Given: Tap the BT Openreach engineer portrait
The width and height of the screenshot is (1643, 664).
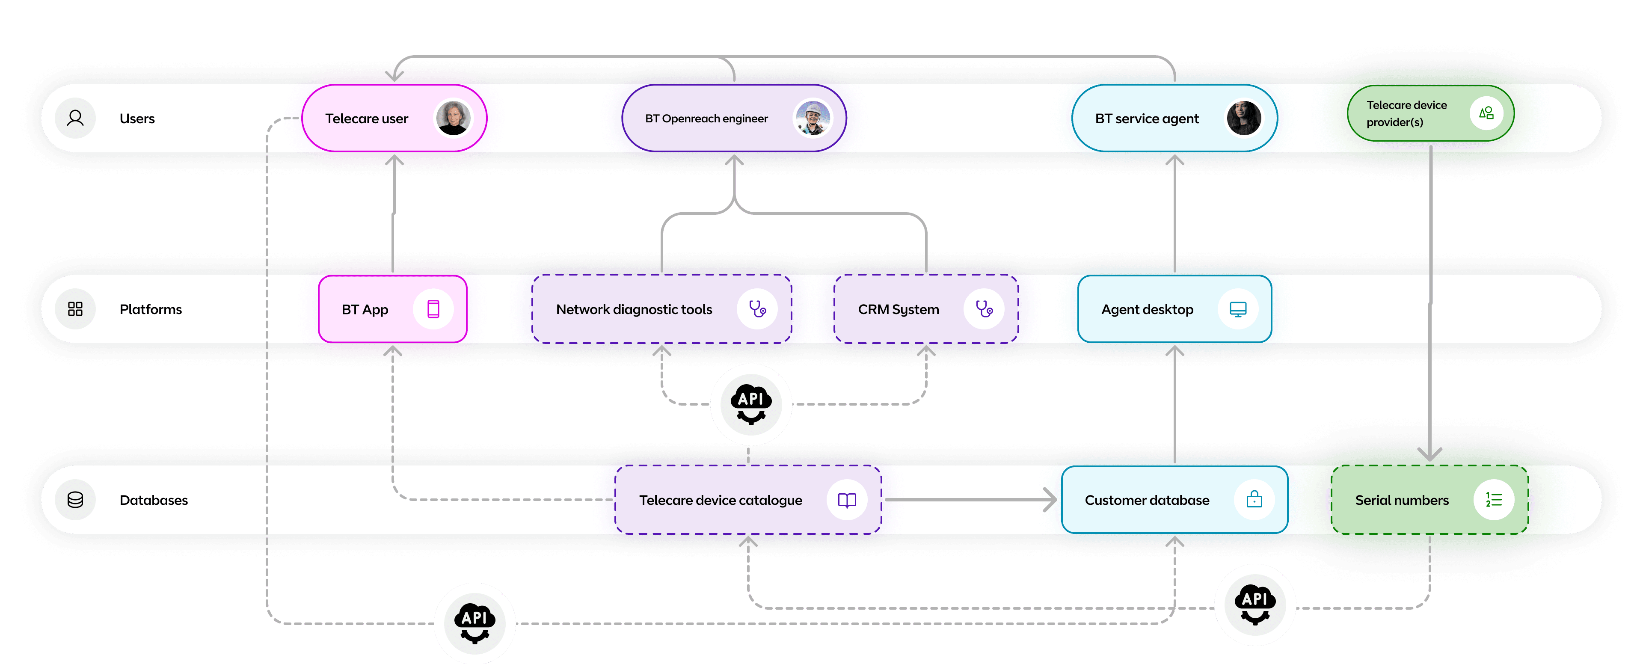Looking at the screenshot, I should pos(813,118).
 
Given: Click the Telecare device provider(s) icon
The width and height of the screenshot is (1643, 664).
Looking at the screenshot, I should pos(1486,113).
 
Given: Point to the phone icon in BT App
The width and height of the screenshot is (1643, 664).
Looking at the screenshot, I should pos(433,309).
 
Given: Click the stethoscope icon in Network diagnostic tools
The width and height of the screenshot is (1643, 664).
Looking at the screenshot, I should pos(757,309).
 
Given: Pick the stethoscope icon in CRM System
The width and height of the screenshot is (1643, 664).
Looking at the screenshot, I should pos(984,309).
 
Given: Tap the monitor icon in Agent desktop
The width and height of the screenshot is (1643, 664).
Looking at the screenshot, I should pos(1237,309).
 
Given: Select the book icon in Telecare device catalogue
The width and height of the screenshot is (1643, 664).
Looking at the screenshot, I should pos(846,500).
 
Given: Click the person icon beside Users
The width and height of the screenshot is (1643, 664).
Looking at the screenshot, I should pos(75,118).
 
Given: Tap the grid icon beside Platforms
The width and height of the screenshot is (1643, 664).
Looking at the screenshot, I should pos(75,309).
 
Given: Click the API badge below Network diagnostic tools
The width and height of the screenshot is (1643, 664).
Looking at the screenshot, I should pos(751,404).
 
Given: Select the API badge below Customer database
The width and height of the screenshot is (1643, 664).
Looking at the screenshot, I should pos(1254,605).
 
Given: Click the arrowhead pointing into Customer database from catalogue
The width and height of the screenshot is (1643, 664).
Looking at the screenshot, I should pos(1050,499).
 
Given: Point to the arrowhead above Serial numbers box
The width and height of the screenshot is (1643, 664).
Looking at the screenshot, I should pos(1430,454).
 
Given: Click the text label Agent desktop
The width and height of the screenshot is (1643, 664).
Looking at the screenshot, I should pos(1147,309).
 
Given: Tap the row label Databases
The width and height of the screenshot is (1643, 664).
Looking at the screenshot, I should pos(154,500).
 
